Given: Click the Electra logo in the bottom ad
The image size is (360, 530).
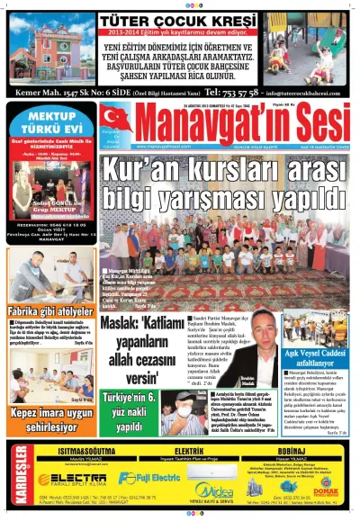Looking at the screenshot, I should tap(73, 477).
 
